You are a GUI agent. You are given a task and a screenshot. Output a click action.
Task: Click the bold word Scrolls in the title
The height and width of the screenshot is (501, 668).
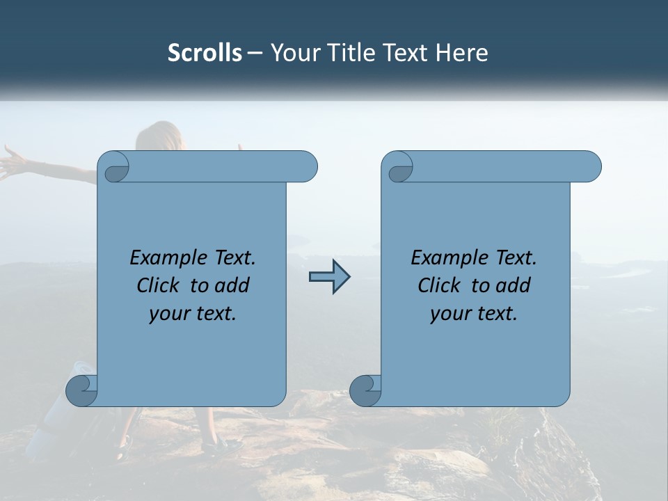(x=205, y=53)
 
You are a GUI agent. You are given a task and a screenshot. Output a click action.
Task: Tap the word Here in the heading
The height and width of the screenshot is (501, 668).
(x=462, y=53)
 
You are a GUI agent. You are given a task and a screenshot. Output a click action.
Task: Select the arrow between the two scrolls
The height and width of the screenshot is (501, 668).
(x=329, y=277)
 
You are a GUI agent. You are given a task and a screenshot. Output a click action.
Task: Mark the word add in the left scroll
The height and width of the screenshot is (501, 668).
(x=232, y=285)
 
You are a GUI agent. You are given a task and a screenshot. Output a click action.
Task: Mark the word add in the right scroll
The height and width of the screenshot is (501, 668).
(x=514, y=285)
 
